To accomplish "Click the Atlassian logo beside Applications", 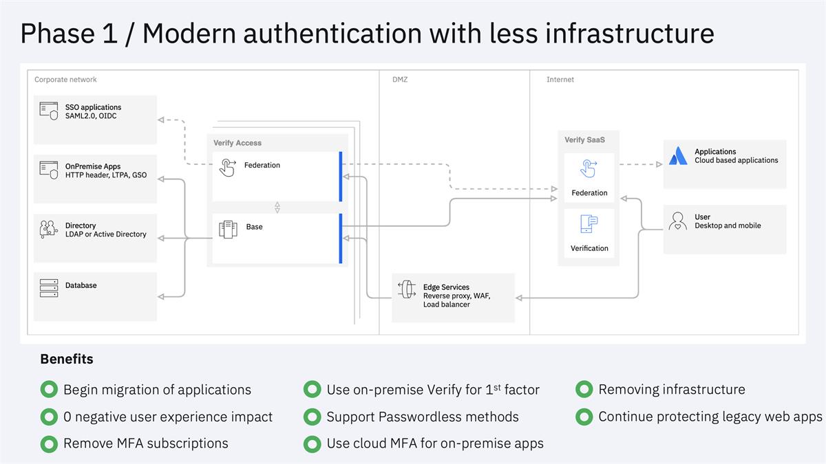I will coord(678,156).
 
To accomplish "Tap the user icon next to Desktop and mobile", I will coord(678,221).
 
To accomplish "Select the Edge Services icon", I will coord(407,289).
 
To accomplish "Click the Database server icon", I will coord(49,288).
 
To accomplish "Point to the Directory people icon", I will coord(49,229).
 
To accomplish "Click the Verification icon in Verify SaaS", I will coord(589,224).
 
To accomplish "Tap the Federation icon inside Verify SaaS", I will coord(589,168).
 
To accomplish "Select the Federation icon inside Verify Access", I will coord(227,166).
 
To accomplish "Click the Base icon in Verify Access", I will coord(228,228).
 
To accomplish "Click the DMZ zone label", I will coord(400,80).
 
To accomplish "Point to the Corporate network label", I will coord(66,80).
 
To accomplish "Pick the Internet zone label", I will coord(560,80).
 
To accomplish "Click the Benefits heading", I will coord(67,359).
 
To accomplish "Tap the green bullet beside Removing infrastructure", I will coord(584,390).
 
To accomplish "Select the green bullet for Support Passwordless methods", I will coord(313,417).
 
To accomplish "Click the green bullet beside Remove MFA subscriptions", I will coord(49,444).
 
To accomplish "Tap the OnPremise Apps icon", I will coord(49,170).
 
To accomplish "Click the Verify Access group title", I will coord(237,143).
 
